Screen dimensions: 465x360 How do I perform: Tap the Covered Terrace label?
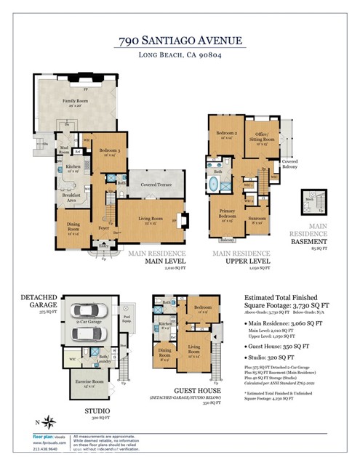[x=155, y=185]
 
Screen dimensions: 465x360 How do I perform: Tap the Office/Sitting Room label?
[x=263, y=137]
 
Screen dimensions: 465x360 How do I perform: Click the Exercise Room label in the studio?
[x=87, y=381]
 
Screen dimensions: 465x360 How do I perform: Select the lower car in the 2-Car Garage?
[x=88, y=333]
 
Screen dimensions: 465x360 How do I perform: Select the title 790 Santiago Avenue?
[x=180, y=41]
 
